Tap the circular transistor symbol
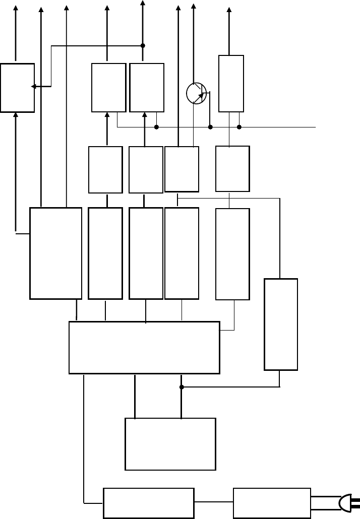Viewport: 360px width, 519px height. tap(196, 93)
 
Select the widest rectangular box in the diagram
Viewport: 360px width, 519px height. tap(144, 347)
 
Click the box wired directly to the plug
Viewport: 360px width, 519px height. tap(272, 502)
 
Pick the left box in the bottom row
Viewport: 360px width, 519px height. tap(148, 502)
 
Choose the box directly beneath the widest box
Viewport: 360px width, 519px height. tap(170, 443)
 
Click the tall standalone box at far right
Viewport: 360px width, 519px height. tap(281, 324)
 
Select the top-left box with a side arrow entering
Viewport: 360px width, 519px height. tap(17, 88)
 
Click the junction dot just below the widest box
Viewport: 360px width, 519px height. tap(181, 387)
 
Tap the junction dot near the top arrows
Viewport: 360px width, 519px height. tap(143, 45)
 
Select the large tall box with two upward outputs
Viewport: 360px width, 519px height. tap(55, 252)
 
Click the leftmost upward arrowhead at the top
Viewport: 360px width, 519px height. tap(16, 8)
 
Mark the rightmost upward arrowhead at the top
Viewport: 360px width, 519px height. tap(230, 10)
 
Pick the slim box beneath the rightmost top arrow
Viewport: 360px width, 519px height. tap(231, 83)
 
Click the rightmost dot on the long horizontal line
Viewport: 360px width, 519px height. tap(239, 127)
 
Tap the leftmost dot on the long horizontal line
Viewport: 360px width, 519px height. tap(156, 127)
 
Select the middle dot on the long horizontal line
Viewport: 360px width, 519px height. tap(210, 127)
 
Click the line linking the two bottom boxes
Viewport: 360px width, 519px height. tap(214, 502)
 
